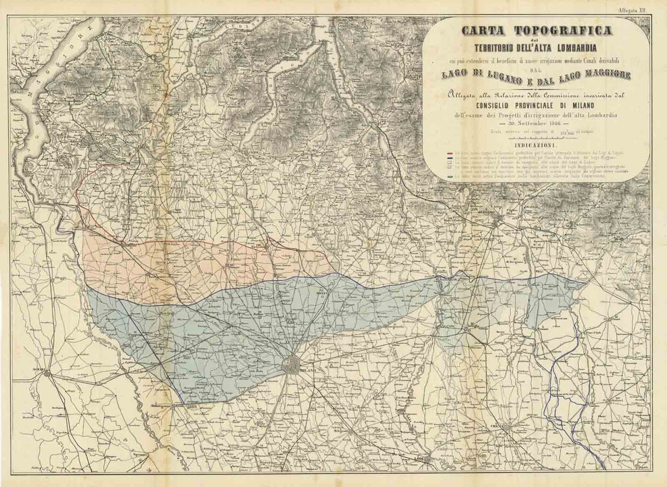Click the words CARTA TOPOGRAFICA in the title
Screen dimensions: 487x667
(x=537, y=30)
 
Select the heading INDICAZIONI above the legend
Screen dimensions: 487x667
(x=536, y=145)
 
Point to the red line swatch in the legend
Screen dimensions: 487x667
(x=450, y=153)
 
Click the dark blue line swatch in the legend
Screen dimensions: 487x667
(x=450, y=158)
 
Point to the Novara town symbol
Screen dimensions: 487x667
(x=47, y=373)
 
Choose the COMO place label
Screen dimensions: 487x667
(x=254, y=152)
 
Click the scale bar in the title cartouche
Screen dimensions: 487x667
(x=536, y=139)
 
